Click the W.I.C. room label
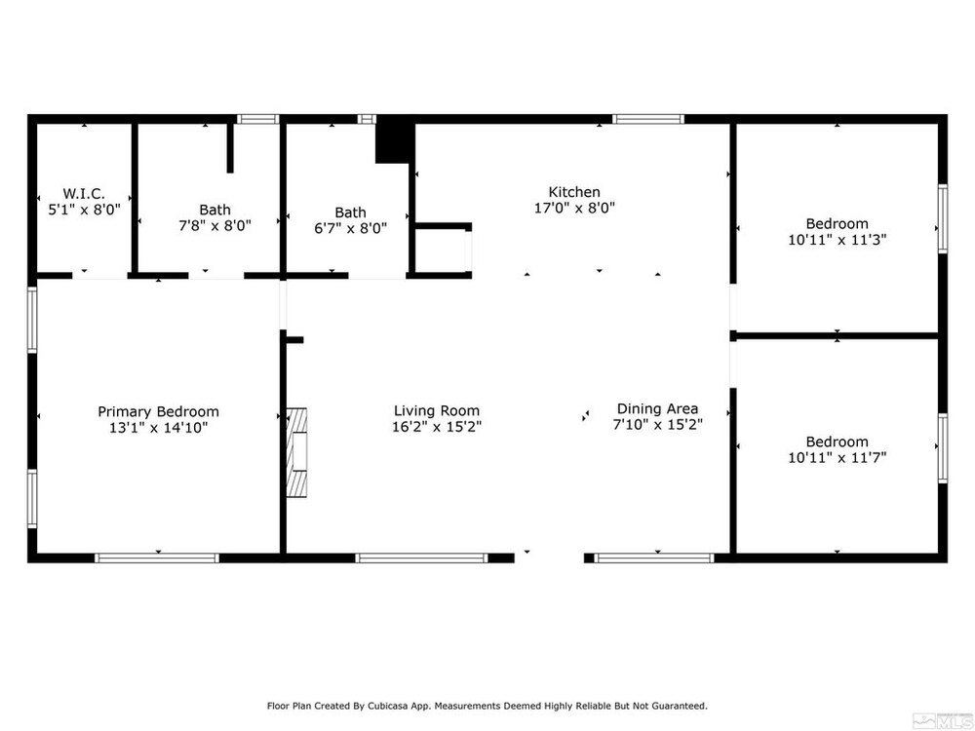(x=84, y=193)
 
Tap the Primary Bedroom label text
(x=158, y=411)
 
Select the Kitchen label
(x=574, y=192)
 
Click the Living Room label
(x=437, y=411)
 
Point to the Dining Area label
(x=657, y=409)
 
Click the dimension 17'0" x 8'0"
(x=574, y=209)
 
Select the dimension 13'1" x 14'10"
(x=158, y=428)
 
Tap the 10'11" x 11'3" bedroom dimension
(x=837, y=240)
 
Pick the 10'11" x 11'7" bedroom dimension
(x=837, y=458)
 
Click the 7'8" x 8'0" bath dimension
(x=214, y=226)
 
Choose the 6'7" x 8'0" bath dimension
(x=350, y=229)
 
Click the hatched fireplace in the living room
(x=296, y=452)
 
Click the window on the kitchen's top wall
(x=648, y=119)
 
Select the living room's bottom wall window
(x=422, y=558)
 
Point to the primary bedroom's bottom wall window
(x=157, y=558)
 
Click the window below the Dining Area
(x=655, y=558)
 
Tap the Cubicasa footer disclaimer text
(x=487, y=706)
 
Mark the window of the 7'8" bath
(x=257, y=119)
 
